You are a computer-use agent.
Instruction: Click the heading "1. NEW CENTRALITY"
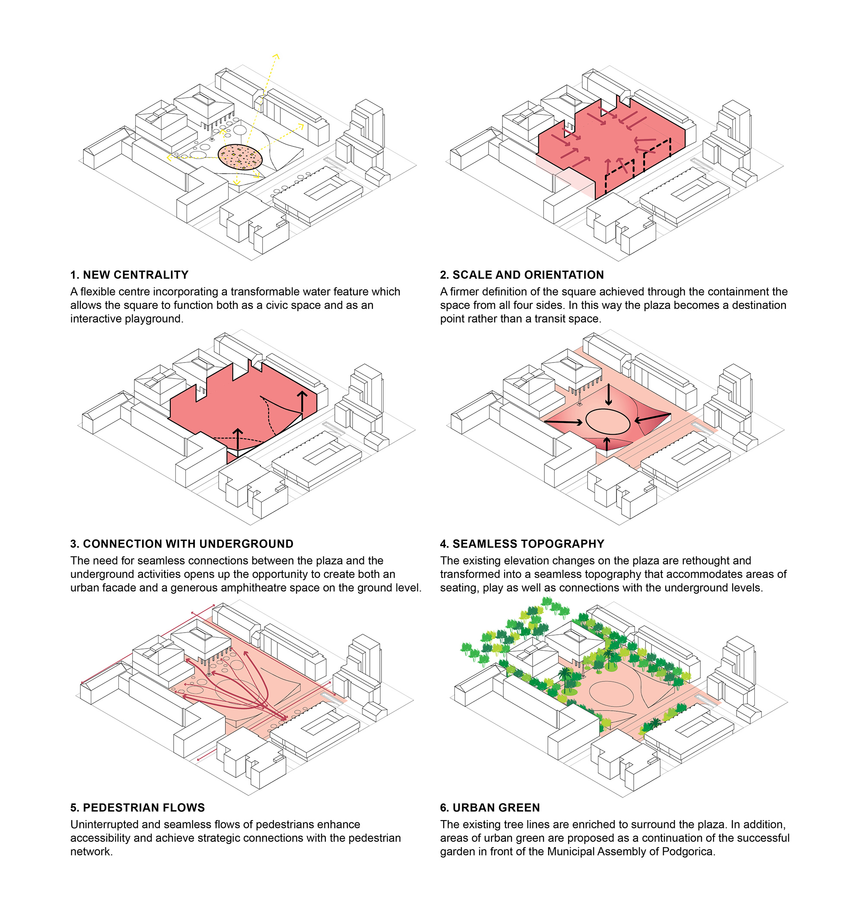tap(130, 275)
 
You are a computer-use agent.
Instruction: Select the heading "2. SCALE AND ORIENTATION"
tap(521, 275)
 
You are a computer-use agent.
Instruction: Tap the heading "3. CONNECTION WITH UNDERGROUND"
tap(181, 544)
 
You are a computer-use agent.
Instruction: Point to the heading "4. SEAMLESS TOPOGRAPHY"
tap(521, 544)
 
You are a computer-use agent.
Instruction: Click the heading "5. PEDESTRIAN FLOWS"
tap(137, 808)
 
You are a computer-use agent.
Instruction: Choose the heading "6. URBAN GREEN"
tap(489, 808)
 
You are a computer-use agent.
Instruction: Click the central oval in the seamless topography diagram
tap(607, 421)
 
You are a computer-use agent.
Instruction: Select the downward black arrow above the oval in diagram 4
tap(608, 395)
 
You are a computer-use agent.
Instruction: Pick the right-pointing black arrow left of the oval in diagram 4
tap(565, 421)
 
